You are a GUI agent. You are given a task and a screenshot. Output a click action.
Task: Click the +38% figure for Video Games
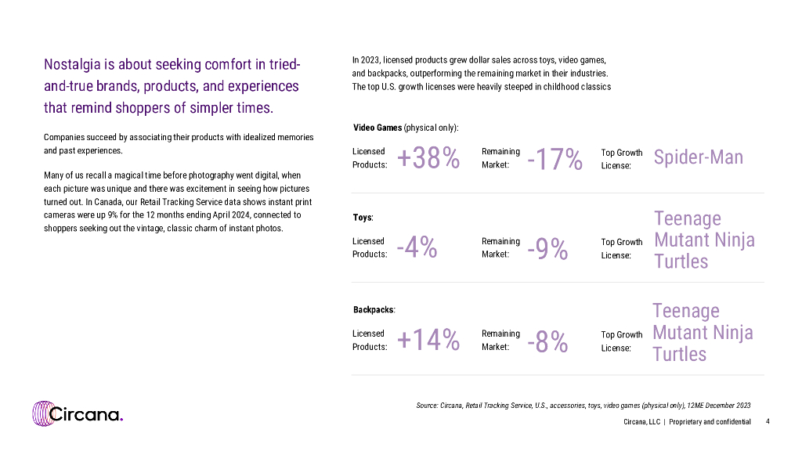(x=428, y=158)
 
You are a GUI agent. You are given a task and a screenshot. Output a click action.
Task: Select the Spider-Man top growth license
(x=698, y=157)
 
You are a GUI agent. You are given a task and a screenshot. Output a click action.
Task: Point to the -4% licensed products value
(x=417, y=247)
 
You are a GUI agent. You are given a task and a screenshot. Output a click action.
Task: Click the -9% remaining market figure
(x=547, y=249)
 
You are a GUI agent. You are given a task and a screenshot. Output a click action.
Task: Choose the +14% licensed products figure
(x=428, y=340)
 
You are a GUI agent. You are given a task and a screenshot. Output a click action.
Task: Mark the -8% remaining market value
(x=547, y=341)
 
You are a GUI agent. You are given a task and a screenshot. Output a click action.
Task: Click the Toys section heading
(x=363, y=217)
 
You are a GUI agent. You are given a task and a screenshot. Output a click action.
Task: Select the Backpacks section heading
(x=374, y=309)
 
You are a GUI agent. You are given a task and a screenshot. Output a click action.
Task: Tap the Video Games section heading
(x=378, y=127)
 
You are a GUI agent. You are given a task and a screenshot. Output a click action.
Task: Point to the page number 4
(x=768, y=421)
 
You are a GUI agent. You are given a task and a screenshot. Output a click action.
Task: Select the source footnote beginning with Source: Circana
(x=583, y=405)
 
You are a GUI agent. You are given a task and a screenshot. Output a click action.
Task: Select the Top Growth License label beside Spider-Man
(x=621, y=159)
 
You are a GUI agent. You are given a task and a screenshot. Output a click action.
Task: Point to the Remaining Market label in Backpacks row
(x=500, y=340)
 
